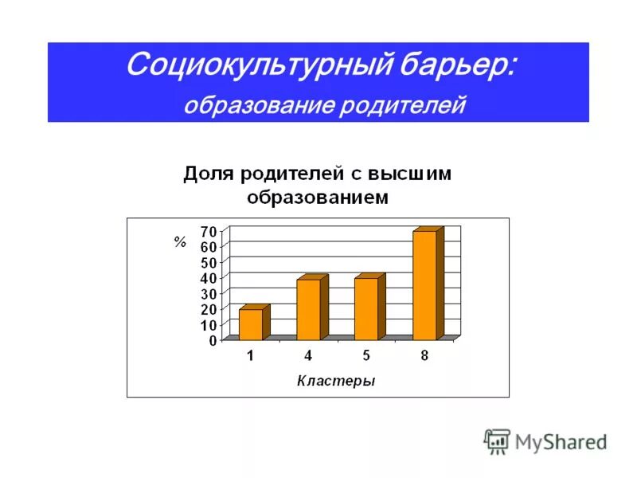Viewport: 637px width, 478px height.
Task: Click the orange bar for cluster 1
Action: click(x=250, y=324)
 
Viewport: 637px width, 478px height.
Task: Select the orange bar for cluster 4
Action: click(x=308, y=309)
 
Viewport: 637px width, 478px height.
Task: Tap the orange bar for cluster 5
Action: click(x=365, y=309)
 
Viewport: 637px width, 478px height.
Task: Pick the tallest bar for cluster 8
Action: click(x=424, y=285)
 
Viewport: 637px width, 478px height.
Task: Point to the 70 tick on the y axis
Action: click(x=208, y=231)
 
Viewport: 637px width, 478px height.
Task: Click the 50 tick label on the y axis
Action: click(x=208, y=263)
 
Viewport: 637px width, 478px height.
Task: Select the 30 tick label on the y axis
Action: click(x=208, y=294)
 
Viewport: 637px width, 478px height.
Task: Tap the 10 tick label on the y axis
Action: click(x=208, y=325)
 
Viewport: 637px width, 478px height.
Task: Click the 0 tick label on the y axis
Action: click(x=213, y=340)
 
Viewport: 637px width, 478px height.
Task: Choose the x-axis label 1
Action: click(x=250, y=356)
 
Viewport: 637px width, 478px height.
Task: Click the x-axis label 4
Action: click(x=308, y=356)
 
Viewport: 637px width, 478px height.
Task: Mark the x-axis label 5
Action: click(x=366, y=356)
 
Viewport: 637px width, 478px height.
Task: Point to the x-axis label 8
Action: click(x=424, y=356)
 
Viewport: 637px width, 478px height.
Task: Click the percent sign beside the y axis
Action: click(x=180, y=242)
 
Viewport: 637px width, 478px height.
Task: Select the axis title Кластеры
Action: click(x=336, y=381)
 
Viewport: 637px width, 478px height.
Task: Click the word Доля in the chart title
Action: click(x=209, y=174)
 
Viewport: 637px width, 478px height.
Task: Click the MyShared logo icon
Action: click(x=497, y=441)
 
